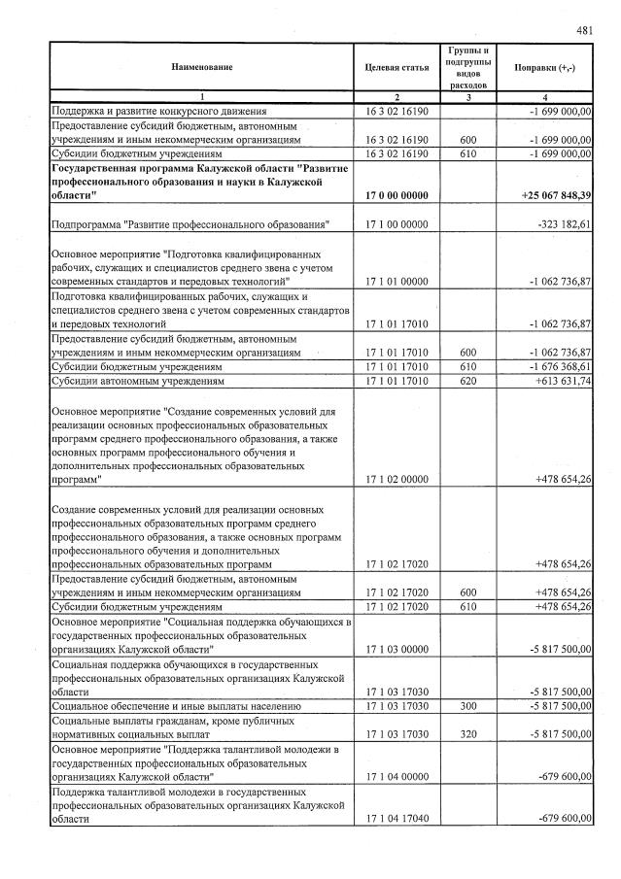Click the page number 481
coord(584,30)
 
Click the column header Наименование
coord(202,68)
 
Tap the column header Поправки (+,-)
coord(544,68)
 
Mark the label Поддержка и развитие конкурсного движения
coord(158,113)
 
